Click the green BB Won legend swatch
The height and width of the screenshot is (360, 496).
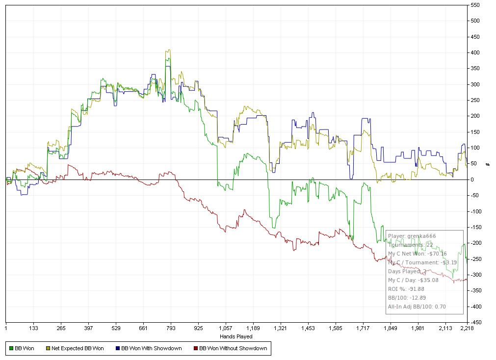pyautogui.click(x=11, y=349)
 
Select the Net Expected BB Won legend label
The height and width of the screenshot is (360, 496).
pyautogui.click(x=78, y=349)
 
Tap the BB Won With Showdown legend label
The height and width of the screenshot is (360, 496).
pyautogui.click(x=151, y=349)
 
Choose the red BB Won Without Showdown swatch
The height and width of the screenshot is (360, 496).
pyautogui.click(x=195, y=349)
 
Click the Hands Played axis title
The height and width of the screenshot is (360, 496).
pyautogui.click(x=236, y=336)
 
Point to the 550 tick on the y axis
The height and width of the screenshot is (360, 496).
pyautogui.click(x=475, y=5)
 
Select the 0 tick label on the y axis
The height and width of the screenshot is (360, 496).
pyautogui.click(x=472, y=180)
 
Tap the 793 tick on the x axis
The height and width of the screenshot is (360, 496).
pyautogui.click(x=171, y=328)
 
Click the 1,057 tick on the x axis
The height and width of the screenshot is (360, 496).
pyautogui.click(x=225, y=328)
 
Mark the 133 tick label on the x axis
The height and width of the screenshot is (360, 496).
pyautogui.click(x=34, y=328)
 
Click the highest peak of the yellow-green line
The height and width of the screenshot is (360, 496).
pyautogui.click(x=168, y=50)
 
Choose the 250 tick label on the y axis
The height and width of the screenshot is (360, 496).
pyautogui.click(x=475, y=100)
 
